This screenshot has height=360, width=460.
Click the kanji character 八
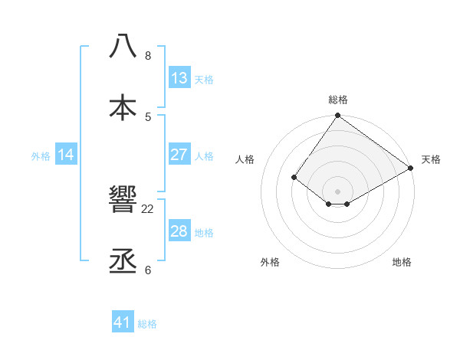click(123, 45)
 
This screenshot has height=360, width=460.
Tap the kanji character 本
click(123, 108)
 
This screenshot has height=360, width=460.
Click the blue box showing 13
click(179, 78)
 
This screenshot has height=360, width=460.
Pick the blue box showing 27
click(179, 155)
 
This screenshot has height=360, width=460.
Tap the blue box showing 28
click(179, 231)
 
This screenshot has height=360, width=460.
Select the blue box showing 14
click(66, 155)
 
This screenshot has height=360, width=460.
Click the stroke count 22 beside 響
click(148, 208)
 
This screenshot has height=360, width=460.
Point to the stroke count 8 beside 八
click(148, 55)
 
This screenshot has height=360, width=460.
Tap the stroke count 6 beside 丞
click(148, 270)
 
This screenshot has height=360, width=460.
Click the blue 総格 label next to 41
click(147, 324)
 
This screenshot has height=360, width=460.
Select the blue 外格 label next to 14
click(41, 155)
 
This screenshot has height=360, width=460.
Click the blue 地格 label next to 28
click(204, 232)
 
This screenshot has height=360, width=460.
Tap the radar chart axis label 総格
click(338, 100)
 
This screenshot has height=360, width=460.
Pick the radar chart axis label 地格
click(402, 263)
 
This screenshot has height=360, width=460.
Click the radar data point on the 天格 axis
click(411, 169)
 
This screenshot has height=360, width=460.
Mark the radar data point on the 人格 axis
click(294, 177)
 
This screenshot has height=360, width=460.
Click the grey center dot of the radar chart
click(338, 191)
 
